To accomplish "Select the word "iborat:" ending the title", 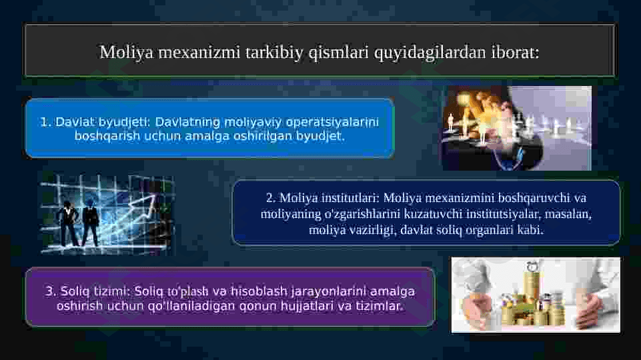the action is coord(515,52).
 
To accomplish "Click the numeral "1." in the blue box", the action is coord(45,122).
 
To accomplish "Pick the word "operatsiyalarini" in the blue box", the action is coord(332,122).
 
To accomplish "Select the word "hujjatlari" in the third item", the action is coord(307,306).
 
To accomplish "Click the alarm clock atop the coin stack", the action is coord(532,265).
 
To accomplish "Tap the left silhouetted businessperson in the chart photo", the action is coord(67,225).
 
